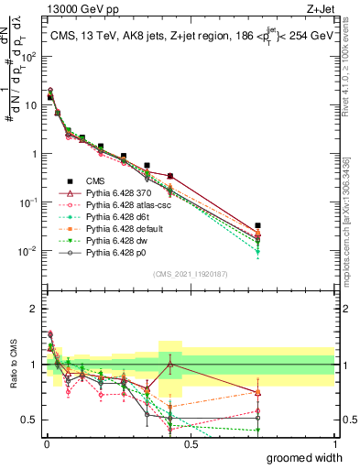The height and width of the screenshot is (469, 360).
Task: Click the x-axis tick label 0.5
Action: (191, 444)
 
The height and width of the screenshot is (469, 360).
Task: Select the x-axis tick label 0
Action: (47, 444)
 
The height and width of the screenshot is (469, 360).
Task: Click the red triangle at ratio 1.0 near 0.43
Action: (169, 365)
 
